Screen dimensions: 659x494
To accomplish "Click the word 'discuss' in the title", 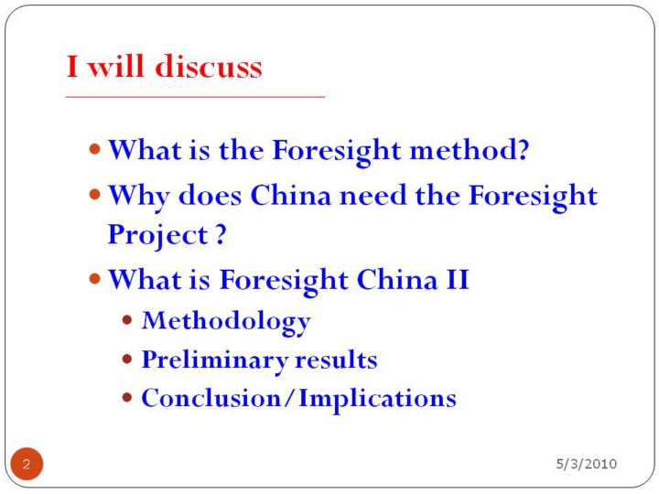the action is tap(209, 67).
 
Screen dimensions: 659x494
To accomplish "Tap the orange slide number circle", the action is tap(27, 464).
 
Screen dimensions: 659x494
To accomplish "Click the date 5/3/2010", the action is tap(587, 464).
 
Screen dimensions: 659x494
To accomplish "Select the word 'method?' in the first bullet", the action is tap(469, 149).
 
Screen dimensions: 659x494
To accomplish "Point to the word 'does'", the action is tap(211, 196).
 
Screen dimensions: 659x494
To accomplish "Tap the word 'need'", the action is tap(373, 196).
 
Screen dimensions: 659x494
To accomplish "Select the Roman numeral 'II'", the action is tap(458, 279).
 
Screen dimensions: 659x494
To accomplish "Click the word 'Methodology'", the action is tap(226, 322).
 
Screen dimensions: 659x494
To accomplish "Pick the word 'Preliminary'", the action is tap(215, 360).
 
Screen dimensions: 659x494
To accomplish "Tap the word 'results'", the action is tap(336, 360).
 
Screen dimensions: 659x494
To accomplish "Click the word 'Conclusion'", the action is tap(211, 398).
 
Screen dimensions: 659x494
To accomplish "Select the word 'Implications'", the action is tap(377, 399).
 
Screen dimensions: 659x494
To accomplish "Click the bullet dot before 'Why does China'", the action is tap(95, 195).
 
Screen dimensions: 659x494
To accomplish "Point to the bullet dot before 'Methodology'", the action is tap(127, 320).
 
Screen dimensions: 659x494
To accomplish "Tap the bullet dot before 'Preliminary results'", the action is tap(127, 360).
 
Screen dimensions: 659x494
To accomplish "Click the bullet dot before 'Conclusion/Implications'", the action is tap(127, 397).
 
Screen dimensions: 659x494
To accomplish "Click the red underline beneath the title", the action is tap(196, 97).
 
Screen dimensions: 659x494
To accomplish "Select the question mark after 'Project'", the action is tap(221, 234).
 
